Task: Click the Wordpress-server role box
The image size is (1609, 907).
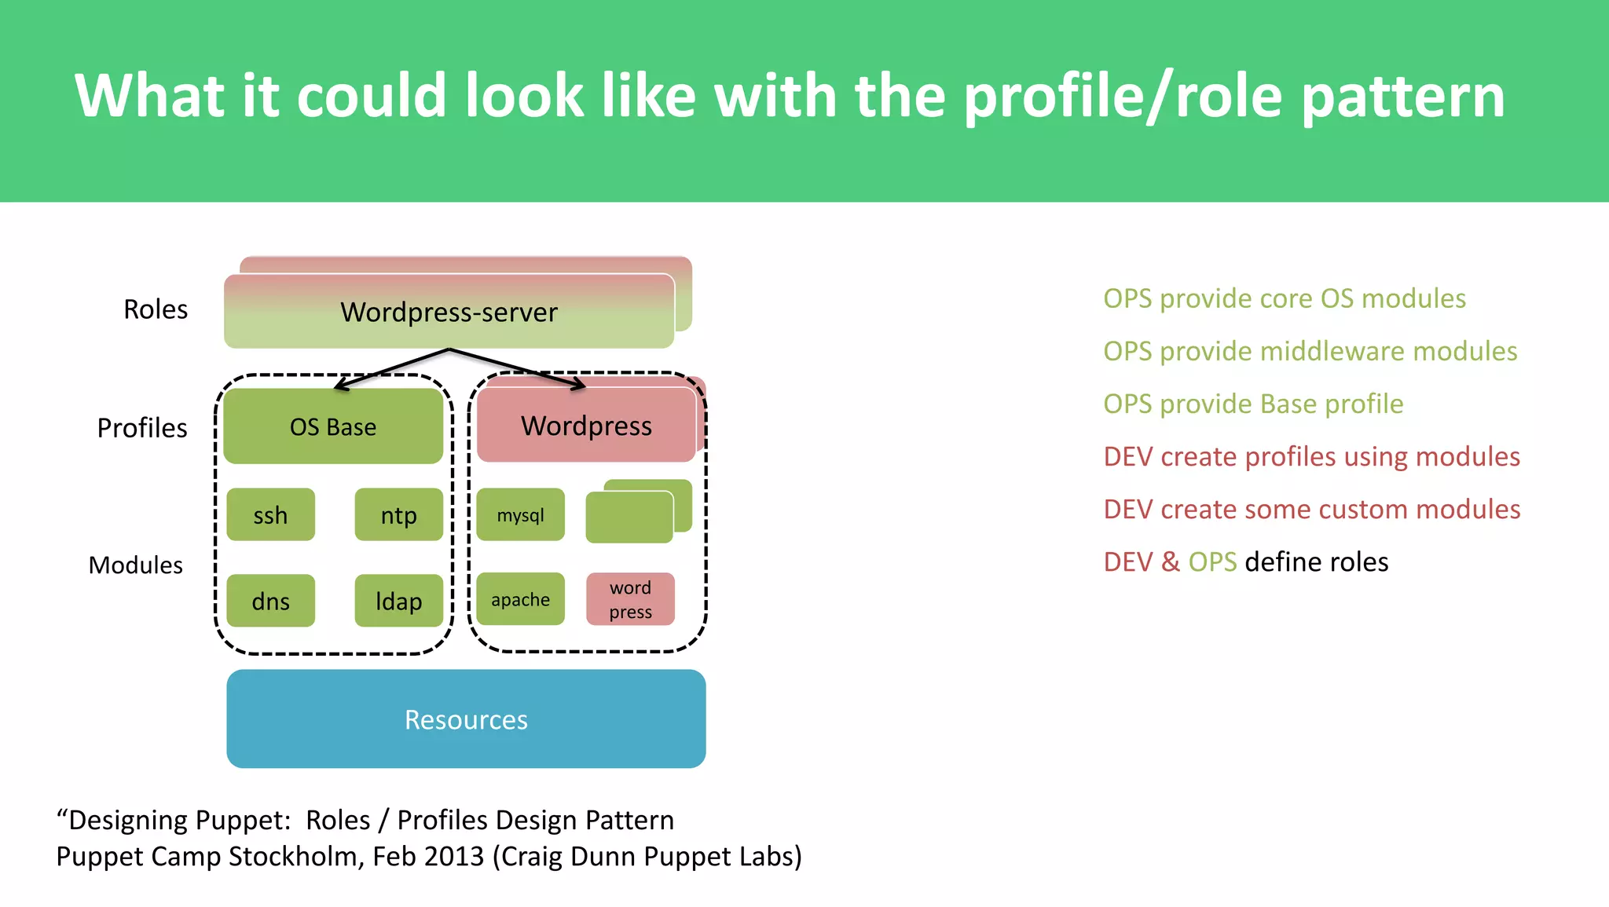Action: click(449, 312)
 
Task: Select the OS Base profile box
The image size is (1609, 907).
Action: click(333, 426)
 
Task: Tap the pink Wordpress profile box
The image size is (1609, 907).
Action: click(586, 426)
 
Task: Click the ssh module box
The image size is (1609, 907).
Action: click(270, 515)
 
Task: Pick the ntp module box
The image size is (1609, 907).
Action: click(398, 515)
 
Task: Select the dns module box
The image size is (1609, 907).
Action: click(270, 601)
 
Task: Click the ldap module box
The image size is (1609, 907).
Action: click(398, 601)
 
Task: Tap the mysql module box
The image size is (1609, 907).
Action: click(520, 515)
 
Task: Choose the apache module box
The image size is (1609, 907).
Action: click(520, 599)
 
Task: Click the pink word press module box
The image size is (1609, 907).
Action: click(630, 599)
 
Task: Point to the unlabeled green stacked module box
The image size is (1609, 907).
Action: click(629, 517)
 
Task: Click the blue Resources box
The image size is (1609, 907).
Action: click(466, 719)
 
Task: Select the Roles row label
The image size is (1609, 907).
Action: click(156, 309)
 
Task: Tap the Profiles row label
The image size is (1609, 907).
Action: click(142, 428)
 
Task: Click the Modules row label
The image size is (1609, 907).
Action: click(135, 565)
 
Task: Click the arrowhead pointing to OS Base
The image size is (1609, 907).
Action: click(341, 386)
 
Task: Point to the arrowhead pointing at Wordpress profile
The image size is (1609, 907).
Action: click(579, 385)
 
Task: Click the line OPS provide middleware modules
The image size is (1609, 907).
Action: click(1310, 351)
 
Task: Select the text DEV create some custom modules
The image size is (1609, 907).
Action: click(1311, 509)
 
